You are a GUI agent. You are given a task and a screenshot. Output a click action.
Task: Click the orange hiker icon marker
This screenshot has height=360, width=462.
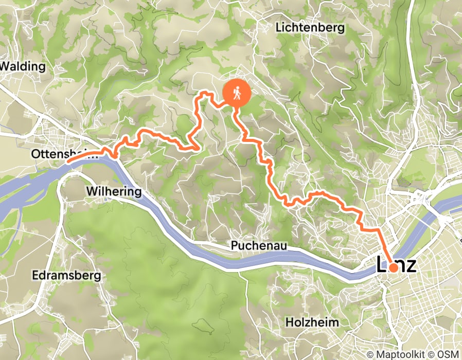pyautogui.click(x=236, y=94)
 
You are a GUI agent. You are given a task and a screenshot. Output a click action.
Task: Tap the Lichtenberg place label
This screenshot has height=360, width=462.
pyautogui.click(x=310, y=28)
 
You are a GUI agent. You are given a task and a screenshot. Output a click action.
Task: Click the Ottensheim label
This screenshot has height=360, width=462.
pyautogui.click(x=57, y=154)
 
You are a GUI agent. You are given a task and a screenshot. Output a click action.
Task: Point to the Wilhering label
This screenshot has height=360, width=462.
pyautogui.click(x=113, y=192)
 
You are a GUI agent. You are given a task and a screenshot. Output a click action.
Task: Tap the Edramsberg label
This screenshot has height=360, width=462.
pyautogui.click(x=66, y=276)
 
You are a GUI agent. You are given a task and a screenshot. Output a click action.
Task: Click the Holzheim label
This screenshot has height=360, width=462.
pyautogui.click(x=313, y=323)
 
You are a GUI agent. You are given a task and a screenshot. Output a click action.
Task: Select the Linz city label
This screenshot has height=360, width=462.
pyautogui.click(x=401, y=265)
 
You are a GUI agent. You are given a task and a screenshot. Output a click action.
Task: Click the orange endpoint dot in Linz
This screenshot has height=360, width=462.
pyautogui.click(x=393, y=267)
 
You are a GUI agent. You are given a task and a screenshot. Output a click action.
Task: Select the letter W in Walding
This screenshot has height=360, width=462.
pyautogui.click(x=6, y=66)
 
